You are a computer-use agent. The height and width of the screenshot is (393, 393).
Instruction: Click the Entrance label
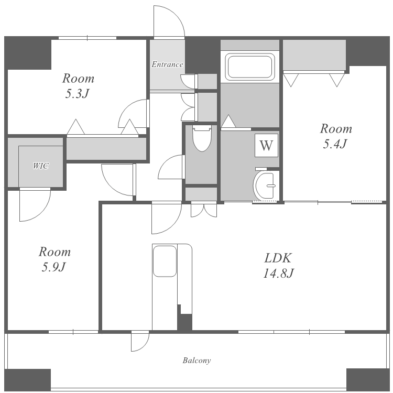tap(167, 64)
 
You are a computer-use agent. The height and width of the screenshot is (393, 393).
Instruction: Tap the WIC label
tap(41, 166)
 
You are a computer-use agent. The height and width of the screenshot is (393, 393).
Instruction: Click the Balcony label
tap(196, 361)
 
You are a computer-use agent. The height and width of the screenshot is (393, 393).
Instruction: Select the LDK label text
tap(278, 258)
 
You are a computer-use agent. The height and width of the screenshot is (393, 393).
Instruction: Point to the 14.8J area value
tap(278, 273)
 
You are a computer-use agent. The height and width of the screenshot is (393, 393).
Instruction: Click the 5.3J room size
tap(77, 94)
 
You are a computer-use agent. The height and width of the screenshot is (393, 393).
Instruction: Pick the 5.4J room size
tap(335, 144)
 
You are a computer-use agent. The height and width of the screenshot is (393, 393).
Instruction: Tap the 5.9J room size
tap(53, 267)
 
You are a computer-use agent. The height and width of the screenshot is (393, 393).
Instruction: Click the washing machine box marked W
tap(266, 145)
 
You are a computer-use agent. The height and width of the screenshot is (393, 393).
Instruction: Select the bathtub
tap(250, 67)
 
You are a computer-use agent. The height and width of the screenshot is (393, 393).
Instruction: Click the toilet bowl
tap(202, 139)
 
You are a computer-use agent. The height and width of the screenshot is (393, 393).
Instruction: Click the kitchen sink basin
tap(165, 261)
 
